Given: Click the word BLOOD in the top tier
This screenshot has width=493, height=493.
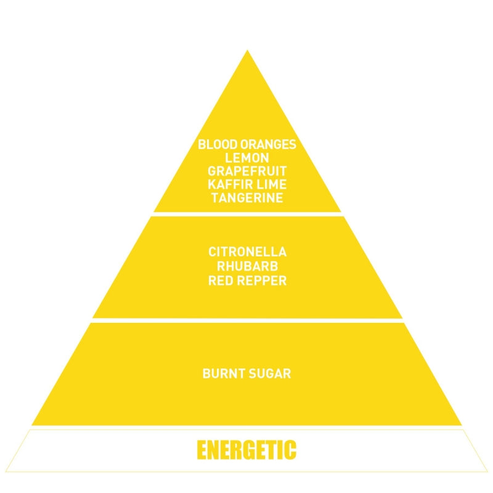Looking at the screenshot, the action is pyautogui.click(x=218, y=144).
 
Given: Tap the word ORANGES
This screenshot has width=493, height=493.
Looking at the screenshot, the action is pyautogui.click(x=268, y=144).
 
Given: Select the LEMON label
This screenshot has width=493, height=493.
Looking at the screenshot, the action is pyautogui.click(x=247, y=158).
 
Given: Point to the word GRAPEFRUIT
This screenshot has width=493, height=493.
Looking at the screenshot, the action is pyautogui.click(x=247, y=171).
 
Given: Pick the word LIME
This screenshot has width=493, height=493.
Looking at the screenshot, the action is pyautogui.click(x=271, y=184).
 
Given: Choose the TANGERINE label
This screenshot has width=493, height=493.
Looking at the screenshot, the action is pyautogui.click(x=247, y=198).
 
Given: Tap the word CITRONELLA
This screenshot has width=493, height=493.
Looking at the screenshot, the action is pyautogui.click(x=248, y=252).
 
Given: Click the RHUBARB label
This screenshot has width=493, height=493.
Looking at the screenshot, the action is pyautogui.click(x=248, y=266).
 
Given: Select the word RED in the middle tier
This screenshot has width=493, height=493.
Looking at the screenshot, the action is pyautogui.click(x=221, y=280).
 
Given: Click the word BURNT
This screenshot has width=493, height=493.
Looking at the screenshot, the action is pyautogui.click(x=224, y=373).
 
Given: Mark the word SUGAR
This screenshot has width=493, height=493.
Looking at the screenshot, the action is pyautogui.click(x=270, y=373).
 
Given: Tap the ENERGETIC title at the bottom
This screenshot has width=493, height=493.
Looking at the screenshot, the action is pyautogui.click(x=246, y=450).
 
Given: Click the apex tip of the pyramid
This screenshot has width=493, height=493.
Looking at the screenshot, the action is pyautogui.click(x=247, y=50).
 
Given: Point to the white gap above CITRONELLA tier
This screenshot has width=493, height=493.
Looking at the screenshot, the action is pyautogui.click(x=247, y=214).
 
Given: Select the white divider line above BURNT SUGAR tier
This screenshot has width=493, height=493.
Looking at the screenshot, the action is pyautogui.click(x=247, y=320).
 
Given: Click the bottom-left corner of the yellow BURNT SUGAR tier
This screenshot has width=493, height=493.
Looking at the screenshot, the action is pyautogui.click(x=32, y=425).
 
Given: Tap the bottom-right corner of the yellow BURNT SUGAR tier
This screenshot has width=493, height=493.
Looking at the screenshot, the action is pyautogui.click(x=462, y=425).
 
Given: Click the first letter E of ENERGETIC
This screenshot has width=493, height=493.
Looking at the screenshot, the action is pyautogui.click(x=202, y=450).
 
